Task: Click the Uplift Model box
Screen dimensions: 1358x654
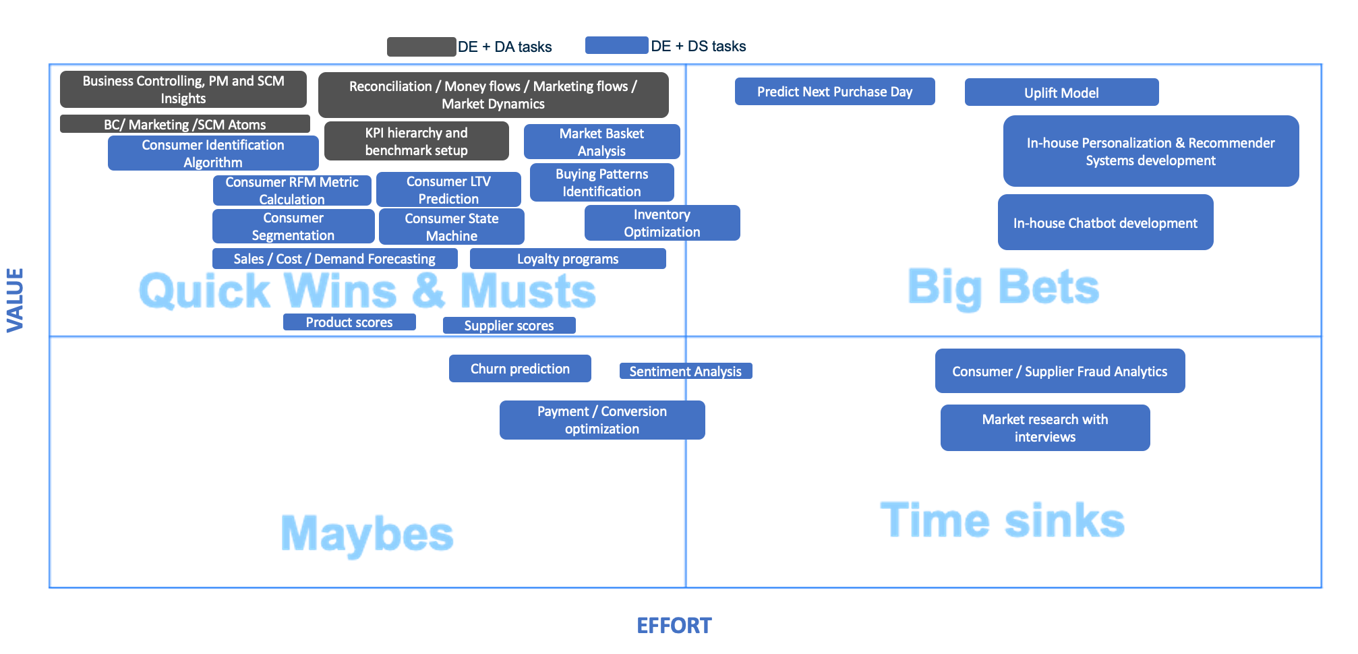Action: tap(1061, 92)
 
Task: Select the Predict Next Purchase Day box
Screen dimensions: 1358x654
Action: tap(835, 92)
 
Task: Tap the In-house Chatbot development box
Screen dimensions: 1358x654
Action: tap(1105, 222)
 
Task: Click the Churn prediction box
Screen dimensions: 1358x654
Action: tap(520, 369)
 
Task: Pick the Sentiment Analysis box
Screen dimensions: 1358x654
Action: tap(686, 371)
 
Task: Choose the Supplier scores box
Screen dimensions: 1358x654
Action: tap(509, 325)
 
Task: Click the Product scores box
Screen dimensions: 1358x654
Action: tap(349, 322)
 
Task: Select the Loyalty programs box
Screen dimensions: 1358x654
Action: tap(568, 259)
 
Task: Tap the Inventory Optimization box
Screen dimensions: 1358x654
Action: tap(662, 223)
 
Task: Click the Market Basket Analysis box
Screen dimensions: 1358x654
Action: tap(601, 142)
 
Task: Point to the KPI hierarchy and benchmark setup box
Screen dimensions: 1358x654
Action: tap(417, 141)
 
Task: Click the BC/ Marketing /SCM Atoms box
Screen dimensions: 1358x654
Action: tap(185, 124)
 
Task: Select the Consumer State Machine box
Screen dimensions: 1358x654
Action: tap(452, 227)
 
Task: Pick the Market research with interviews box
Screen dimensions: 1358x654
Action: tap(1045, 427)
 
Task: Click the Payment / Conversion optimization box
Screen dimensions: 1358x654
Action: tap(602, 420)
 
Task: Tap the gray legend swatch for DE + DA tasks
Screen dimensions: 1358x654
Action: tap(421, 47)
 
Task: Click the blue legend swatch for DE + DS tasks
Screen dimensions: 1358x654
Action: tap(617, 45)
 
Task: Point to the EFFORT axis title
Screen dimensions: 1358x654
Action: tap(674, 626)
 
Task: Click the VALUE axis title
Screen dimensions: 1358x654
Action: tap(16, 300)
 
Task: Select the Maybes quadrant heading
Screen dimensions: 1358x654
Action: tap(367, 534)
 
